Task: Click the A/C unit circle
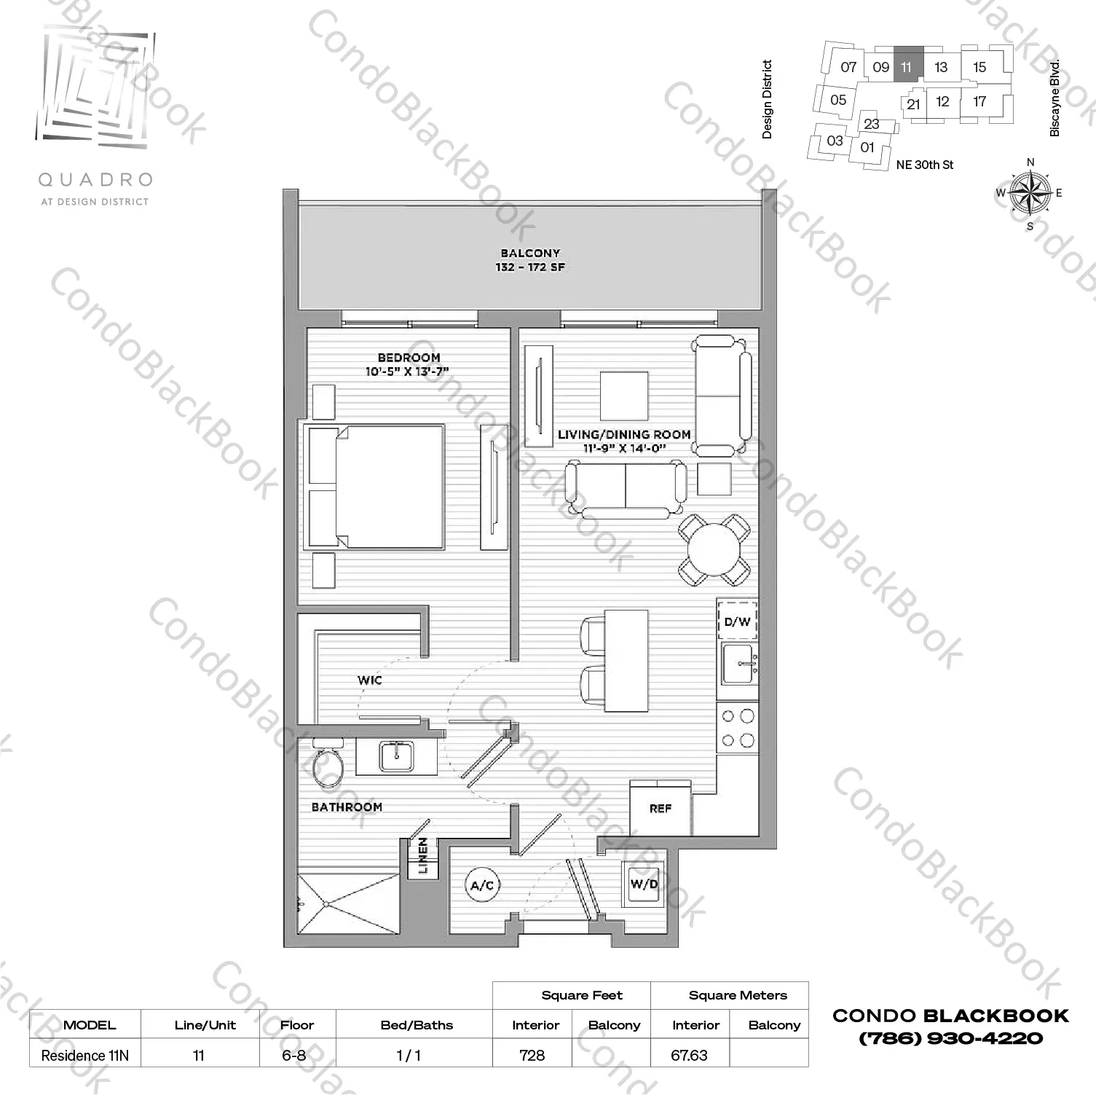coord(482,885)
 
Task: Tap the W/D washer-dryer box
coord(644,884)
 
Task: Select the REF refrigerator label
coord(661,809)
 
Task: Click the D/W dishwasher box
coord(737,621)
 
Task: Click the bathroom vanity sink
coord(396,756)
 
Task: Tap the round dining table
coord(714,549)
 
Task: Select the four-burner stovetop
coord(737,729)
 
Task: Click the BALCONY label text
coord(530,254)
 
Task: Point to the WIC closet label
coord(370,680)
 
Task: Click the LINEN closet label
coord(423,856)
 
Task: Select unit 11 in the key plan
coord(907,67)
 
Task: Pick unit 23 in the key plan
coord(872,124)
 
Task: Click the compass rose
coord(1030,193)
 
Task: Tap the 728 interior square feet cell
coord(532,1055)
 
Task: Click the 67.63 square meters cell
coord(689,1055)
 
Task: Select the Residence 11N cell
coord(84,1055)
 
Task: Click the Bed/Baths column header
coord(417,1025)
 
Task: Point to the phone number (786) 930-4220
coord(950,1038)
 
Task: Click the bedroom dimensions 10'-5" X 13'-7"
coord(407,372)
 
